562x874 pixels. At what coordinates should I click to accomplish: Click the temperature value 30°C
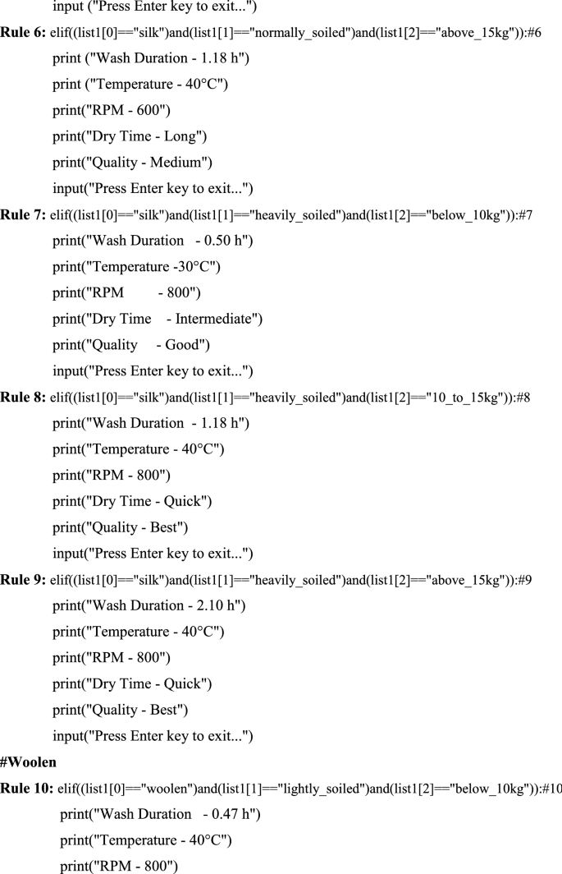point(194,268)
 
